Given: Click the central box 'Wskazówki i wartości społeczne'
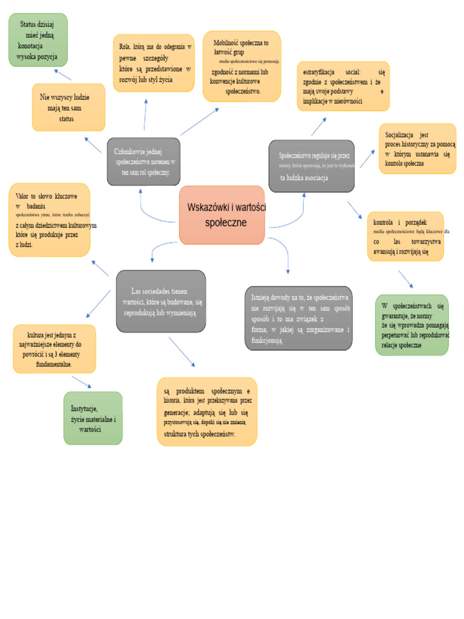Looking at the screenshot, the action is click(222, 215).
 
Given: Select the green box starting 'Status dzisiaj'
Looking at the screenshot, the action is click(38, 40).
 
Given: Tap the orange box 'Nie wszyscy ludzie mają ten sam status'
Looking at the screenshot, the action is click(68, 108).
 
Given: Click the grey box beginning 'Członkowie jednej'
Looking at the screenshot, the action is click(143, 161).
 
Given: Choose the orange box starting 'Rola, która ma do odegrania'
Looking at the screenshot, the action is click(153, 63).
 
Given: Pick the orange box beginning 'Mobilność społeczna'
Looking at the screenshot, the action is click(242, 66).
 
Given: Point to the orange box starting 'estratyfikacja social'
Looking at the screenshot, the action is click(343, 86).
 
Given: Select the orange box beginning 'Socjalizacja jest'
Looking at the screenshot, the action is click(417, 149).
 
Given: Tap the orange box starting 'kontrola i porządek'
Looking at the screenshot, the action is click(405, 236).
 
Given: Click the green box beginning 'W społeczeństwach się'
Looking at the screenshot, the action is click(412, 325).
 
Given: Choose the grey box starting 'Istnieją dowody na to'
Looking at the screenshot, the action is click(298, 319).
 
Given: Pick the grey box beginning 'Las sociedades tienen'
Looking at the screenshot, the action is click(161, 301).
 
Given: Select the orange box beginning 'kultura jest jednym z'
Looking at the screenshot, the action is click(54, 349).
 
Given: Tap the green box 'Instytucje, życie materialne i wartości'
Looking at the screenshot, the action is click(93, 418).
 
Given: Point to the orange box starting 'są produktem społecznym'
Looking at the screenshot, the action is click(207, 412).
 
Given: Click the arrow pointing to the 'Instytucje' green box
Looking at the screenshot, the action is click(82, 382).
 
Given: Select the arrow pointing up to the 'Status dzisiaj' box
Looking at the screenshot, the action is click(62, 74).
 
